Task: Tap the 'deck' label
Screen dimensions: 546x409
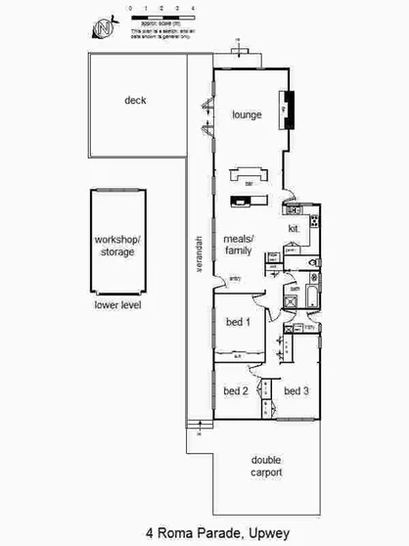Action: (136, 100)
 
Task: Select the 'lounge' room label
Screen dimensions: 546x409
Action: (247, 114)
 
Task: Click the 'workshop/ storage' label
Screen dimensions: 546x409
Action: (115, 246)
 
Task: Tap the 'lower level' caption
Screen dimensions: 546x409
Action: (117, 304)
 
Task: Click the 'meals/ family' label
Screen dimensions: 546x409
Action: (238, 245)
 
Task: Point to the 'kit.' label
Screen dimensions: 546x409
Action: (293, 229)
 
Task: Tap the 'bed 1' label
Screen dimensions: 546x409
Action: (238, 322)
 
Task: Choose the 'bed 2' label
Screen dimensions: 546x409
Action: (236, 390)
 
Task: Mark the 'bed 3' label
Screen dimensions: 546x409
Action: (296, 390)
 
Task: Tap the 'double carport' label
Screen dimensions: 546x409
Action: (266, 466)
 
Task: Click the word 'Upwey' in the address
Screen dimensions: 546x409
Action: (264, 533)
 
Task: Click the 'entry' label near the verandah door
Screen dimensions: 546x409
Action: (234, 279)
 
